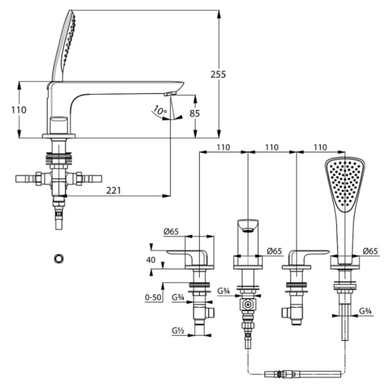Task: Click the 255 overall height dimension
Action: [218, 74]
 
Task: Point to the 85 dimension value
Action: [195, 113]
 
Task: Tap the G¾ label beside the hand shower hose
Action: [365, 311]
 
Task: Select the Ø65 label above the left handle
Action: [172, 232]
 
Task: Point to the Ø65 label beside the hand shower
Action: [370, 251]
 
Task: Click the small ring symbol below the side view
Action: [59, 257]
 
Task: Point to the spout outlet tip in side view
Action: [171, 95]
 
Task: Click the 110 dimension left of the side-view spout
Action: [20, 109]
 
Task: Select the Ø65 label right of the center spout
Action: [274, 251]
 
